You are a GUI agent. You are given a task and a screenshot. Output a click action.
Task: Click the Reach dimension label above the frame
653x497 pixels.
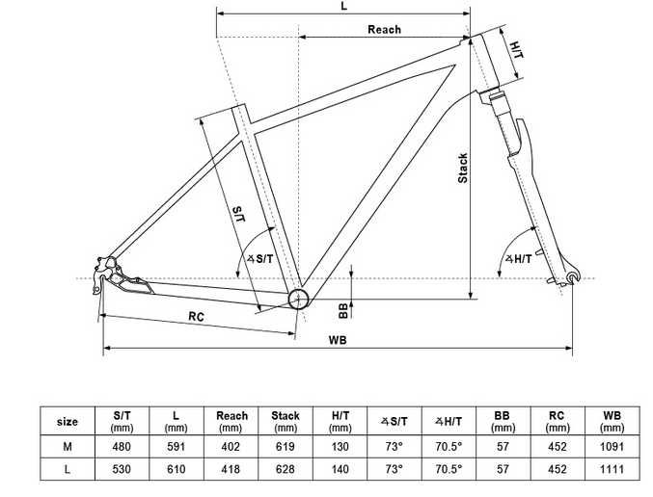384,30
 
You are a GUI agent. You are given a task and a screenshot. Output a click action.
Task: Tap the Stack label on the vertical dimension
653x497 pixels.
463,169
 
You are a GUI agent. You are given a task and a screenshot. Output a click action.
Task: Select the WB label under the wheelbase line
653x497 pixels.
337,340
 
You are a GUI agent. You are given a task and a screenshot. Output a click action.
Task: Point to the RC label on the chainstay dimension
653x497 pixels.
196,316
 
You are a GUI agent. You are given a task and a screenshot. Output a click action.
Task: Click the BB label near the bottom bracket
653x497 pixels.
343,308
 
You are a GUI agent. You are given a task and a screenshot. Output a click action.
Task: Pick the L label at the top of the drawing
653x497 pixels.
343,6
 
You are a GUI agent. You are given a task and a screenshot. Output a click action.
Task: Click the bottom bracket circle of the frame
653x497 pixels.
298,297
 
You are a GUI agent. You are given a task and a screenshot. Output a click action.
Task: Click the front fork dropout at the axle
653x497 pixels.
575,278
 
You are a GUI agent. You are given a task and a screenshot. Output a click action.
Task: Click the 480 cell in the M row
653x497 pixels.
122,447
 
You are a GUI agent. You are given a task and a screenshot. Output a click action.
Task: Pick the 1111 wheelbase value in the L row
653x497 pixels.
612,470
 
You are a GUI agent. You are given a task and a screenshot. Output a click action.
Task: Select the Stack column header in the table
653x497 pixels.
286,421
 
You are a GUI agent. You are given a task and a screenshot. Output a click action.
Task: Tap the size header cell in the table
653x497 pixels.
68,421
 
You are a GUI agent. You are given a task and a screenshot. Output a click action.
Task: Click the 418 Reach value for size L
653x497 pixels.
231,470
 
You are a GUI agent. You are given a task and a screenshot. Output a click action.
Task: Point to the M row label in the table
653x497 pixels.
68,447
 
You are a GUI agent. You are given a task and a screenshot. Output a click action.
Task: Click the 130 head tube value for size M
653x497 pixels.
340,447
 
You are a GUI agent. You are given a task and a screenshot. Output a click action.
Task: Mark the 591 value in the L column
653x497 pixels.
177,447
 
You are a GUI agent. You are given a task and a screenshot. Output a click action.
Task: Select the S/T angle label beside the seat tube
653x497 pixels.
260,258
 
